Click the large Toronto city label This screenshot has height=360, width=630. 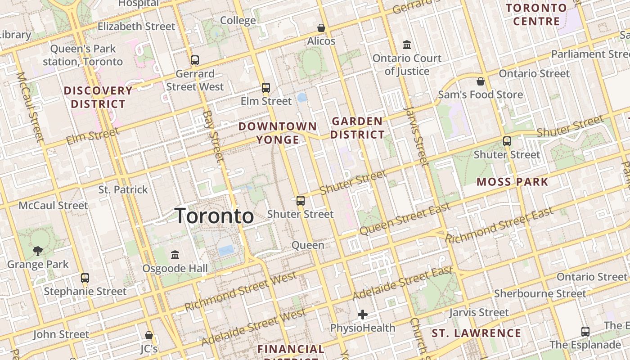pyautogui.click(x=214, y=216)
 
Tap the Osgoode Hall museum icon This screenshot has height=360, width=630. pyautogui.click(x=175, y=255)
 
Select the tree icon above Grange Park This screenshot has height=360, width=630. pyautogui.click(x=38, y=251)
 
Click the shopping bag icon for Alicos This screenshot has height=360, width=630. pyautogui.click(x=321, y=28)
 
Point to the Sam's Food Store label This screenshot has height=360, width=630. pyautogui.click(x=481, y=94)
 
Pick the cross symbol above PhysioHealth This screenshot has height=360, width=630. pyautogui.click(x=363, y=314)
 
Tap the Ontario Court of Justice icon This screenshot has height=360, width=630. pyautogui.click(x=407, y=45)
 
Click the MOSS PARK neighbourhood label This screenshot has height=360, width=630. pyautogui.click(x=512, y=182)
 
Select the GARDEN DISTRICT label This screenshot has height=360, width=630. pyautogui.click(x=358, y=128)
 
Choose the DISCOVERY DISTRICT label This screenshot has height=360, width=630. pyautogui.click(x=98, y=97)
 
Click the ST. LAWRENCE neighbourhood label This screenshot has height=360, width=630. pyautogui.click(x=476, y=333)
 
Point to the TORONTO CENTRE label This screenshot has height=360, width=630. pyautogui.click(x=536, y=14)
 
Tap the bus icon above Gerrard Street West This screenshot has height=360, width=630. pyautogui.click(x=195, y=60)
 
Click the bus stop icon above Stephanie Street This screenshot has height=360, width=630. pyautogui.click(x=85, y=278)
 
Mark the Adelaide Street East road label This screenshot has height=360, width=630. pyautogui.click(x=402, y=283)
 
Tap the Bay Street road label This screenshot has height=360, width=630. pyautogui.click(x=213, y=136)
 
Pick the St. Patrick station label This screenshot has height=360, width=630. pyautogui.click(x=123, y=189)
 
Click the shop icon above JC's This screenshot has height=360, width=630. pyautogui.click(x=149, y=335)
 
